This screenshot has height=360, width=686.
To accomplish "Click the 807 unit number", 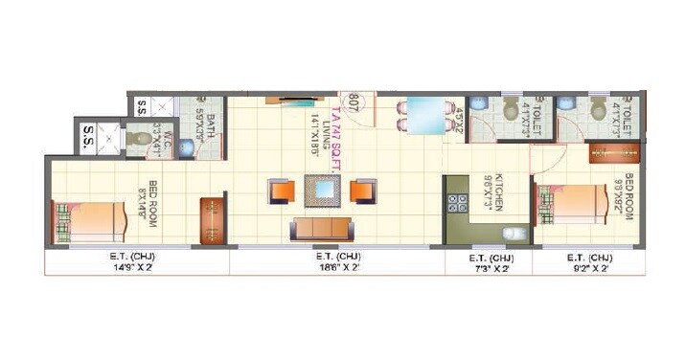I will pos(354,102).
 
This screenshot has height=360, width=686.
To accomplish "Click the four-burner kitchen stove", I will pos(457,204).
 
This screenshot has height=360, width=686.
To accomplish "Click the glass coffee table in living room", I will pos(320,191).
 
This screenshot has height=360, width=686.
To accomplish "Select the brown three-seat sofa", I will pos(319,229).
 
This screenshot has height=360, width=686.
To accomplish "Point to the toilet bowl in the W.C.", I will pos(142,140).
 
